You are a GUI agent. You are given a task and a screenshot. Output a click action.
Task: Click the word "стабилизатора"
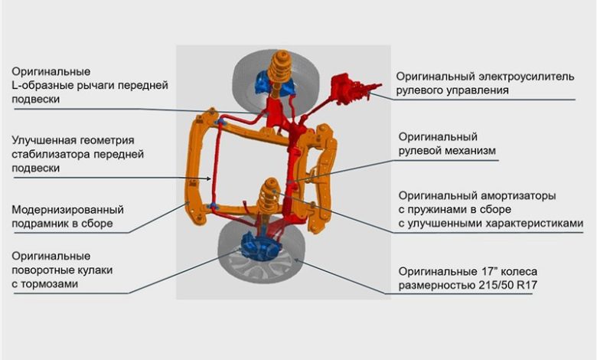(48, 154)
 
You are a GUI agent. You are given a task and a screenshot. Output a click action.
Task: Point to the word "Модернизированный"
(67, 209)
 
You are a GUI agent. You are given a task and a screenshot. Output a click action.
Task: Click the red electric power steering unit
(348, 90)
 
